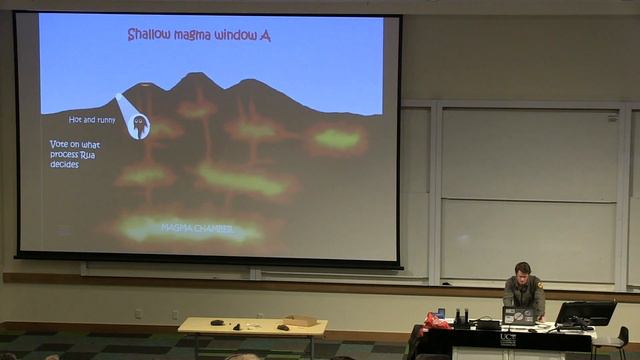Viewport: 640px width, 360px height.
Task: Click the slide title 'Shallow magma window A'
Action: click(198, 36)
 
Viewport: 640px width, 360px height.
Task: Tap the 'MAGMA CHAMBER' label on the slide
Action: click(197, 229)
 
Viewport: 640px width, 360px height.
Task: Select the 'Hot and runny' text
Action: click(92, 120)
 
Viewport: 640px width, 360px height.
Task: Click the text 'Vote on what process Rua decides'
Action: click(78, 154)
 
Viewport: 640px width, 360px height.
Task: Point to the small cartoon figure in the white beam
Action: click(140, 125)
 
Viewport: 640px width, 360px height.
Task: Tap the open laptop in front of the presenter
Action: click(517, 316)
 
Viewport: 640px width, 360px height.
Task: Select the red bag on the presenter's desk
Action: click(436, 322)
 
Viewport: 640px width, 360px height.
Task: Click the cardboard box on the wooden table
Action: click(300, 321)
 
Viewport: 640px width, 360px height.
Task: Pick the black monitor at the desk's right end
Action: click(585, 313)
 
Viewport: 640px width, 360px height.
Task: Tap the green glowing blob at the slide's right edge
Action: click(336, 138)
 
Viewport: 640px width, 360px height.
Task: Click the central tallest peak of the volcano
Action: click(195, 78)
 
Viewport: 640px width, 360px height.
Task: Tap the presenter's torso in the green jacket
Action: click(523, 295)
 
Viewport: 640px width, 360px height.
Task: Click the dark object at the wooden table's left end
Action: click(216, 322)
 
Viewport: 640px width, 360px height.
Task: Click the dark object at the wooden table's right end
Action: click(283, 327)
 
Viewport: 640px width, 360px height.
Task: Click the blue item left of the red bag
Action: click(440, 312)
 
